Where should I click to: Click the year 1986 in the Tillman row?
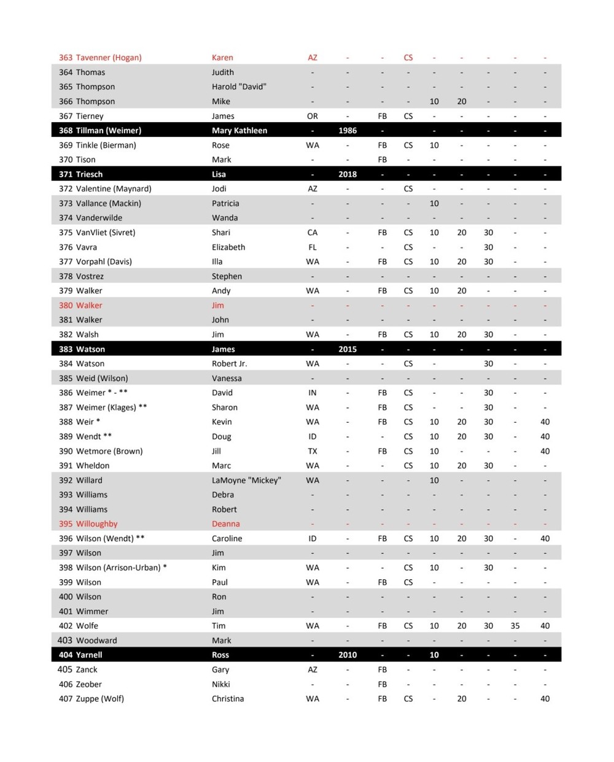tap(348, 131)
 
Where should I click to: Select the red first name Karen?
tap(222, 58)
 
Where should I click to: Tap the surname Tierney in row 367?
tap(90, 116)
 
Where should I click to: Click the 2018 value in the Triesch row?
tap(348, 174)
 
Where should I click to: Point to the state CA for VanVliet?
tap(313, 233)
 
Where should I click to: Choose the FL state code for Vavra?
tap(313, 247)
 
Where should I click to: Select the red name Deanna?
tap(226, 524)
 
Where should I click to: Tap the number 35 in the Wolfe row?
tap(515, 626)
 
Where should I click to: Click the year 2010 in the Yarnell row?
tap(348, 655)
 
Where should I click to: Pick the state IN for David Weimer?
tap(313, 393)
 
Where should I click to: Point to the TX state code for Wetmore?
tap(313, 451)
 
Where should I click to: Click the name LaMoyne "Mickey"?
tap(246, 480)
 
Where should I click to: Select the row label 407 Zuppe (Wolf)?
tap(91, 699)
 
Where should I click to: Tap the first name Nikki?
tap(221, 684)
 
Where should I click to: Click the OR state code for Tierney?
tap(313, 116)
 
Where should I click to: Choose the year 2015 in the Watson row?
tap(348, 349)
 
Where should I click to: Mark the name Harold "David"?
tap(239, 87)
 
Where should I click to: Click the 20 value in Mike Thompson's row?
tap(462, 101)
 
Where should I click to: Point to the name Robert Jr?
tap(230, 364)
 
